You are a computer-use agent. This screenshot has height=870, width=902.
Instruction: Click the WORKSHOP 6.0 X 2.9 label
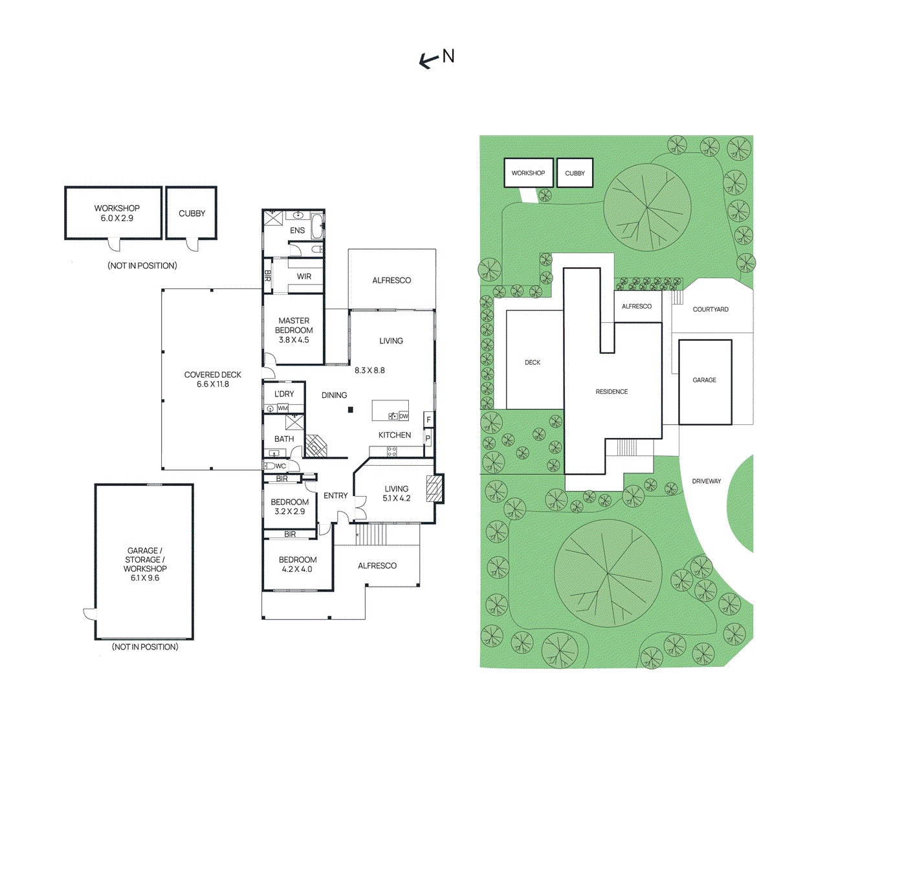point(116,213)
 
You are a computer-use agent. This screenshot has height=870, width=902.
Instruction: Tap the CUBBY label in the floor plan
point(192,213)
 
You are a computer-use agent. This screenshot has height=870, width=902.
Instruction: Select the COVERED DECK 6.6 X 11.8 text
point(212,379)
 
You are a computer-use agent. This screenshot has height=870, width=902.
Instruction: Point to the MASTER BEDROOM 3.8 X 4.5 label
point(294,330)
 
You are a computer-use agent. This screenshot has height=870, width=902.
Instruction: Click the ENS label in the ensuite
point(297,230)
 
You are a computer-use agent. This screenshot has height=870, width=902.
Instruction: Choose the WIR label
point(304,276)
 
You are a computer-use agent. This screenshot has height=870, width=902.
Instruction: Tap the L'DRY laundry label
point(284,394)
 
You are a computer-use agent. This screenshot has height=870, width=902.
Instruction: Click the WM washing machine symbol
point(283,408)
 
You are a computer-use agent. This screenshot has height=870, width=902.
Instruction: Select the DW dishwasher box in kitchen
point(404,416)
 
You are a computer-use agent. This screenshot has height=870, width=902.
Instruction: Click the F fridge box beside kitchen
point(428,420)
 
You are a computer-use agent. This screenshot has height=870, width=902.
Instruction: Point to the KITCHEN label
point(395,435)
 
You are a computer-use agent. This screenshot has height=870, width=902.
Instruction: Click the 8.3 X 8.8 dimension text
point(369,371)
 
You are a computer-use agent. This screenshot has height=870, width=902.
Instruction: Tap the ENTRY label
point(335,495)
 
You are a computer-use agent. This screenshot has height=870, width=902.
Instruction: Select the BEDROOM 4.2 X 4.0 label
point(298,564)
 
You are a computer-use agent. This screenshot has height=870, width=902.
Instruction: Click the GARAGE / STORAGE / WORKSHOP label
point(145,564)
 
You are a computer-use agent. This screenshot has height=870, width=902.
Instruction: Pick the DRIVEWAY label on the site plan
point(706,481)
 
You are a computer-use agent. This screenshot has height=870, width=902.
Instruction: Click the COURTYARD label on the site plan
point(710,309)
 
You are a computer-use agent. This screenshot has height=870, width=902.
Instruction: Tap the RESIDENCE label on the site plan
point(611,392)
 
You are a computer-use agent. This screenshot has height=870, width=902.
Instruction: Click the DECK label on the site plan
point(533,363)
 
